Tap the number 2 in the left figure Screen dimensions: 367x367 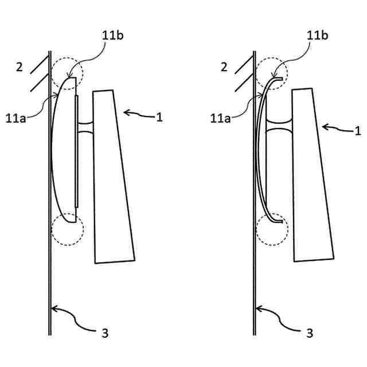pos(19,67)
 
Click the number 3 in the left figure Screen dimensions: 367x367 pos(104,333)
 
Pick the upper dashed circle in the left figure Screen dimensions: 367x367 pos(68,71)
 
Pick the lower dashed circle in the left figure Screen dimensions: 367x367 pos(68,230)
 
